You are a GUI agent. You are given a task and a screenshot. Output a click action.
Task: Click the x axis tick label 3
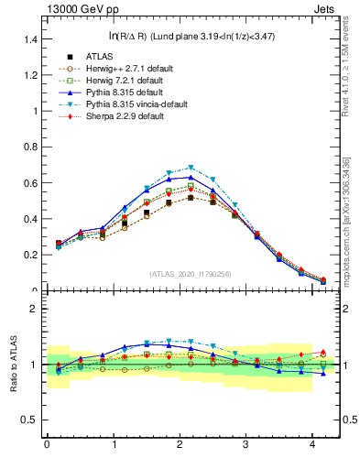(245, 445)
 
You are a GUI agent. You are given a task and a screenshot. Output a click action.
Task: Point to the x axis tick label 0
(46, 445)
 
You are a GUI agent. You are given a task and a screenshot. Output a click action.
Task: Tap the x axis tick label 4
(312, 445)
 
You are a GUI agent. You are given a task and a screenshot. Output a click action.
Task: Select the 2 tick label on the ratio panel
(31, 309)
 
